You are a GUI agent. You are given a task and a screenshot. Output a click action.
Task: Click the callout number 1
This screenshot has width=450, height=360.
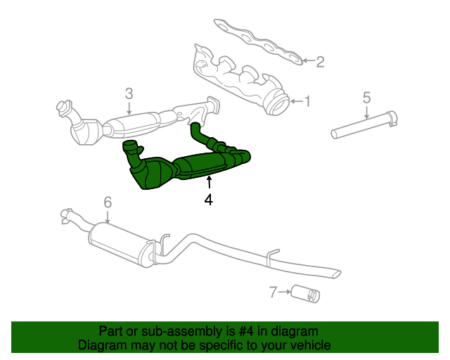(307, 102)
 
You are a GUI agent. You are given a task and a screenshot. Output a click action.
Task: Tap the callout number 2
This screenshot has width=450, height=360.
(320, 62)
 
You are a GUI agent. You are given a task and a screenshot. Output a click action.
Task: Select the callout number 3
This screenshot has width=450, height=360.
(129, 93)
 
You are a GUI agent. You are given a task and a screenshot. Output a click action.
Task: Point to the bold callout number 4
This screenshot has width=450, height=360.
(208, 200)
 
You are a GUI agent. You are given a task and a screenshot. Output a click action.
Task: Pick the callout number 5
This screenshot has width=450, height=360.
(366, 96)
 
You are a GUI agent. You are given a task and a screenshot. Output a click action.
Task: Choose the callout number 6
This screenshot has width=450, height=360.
(108, 202)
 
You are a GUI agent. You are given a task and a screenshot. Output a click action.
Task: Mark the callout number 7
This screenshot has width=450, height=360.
(274, 290)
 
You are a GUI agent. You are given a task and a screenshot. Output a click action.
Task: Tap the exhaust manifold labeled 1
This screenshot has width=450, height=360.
(239, 77)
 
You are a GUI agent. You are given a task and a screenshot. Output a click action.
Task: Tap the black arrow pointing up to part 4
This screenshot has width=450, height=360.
(208, 183)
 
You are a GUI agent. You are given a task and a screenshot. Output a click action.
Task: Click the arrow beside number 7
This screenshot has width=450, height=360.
(284, 290)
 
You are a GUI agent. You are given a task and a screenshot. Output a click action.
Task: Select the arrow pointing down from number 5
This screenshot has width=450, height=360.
(366, 112)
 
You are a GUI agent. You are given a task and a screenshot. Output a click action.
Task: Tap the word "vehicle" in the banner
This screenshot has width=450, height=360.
(308, 345)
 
